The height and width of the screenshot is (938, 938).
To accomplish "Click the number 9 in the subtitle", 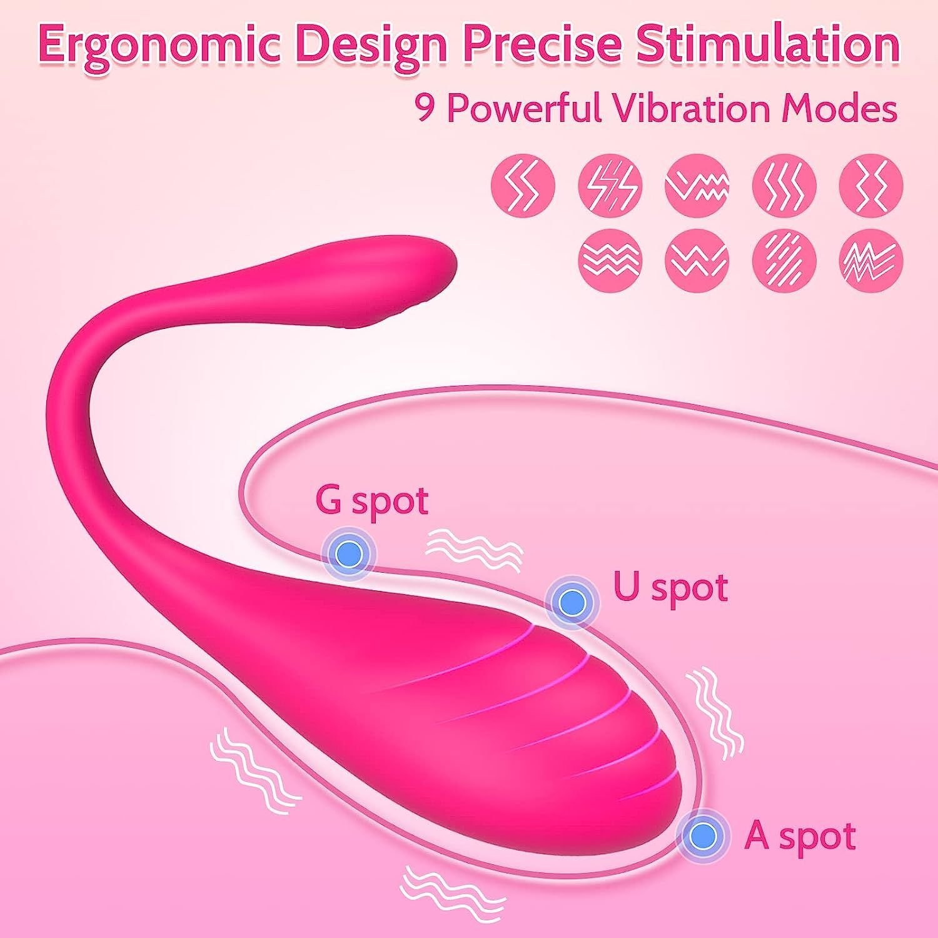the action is [x=426, y=108].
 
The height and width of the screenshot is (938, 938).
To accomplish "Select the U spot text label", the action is [x=670, y=588].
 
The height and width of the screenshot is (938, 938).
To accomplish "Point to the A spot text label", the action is [x=800, y=835].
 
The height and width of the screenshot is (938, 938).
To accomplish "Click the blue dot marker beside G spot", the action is [x=349, y=552].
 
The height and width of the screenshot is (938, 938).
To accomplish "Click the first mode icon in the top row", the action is [x=523, y=184].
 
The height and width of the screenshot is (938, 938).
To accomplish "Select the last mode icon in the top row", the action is [x=871, y=184].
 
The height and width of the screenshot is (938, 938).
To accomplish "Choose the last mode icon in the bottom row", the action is [x=871, y=260].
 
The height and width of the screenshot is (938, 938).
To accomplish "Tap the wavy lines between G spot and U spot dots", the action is [x=473, y=548].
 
